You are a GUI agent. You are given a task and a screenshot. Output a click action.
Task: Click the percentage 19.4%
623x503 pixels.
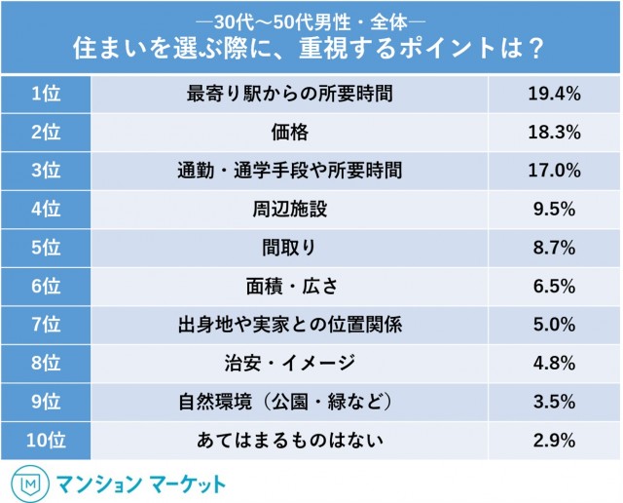pyautogui.click(x=556, y=95)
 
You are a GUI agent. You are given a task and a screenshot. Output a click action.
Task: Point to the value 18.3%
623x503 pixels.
pyautogui.click(x=556, y=133)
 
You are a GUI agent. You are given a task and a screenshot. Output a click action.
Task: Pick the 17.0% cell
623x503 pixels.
pyautogui.click(x=556, y=172)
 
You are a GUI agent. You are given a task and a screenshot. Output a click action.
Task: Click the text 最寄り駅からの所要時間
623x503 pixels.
pyautogui.click(x=293, y=95)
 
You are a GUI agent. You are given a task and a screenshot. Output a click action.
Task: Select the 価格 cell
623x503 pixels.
pyautogui.click(x=293, y=133)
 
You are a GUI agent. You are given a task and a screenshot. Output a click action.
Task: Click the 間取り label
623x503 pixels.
pyautogui.click(x=293, y=249)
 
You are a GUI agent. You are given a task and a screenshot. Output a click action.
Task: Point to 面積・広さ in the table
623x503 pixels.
pyautogui.click(x=293, y=288)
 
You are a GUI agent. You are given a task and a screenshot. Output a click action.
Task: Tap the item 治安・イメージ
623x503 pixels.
pyautogui.click(x=293, y=365)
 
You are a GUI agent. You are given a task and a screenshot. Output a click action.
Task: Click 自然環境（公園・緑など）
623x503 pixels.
pyautogui.click(x=293, y=403)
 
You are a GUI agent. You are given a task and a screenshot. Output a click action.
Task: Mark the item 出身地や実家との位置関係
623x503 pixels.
pyautogui.click(x=293, y=326)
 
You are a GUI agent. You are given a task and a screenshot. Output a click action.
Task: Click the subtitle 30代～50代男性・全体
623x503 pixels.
pyautogui.click(x=311, y=19)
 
